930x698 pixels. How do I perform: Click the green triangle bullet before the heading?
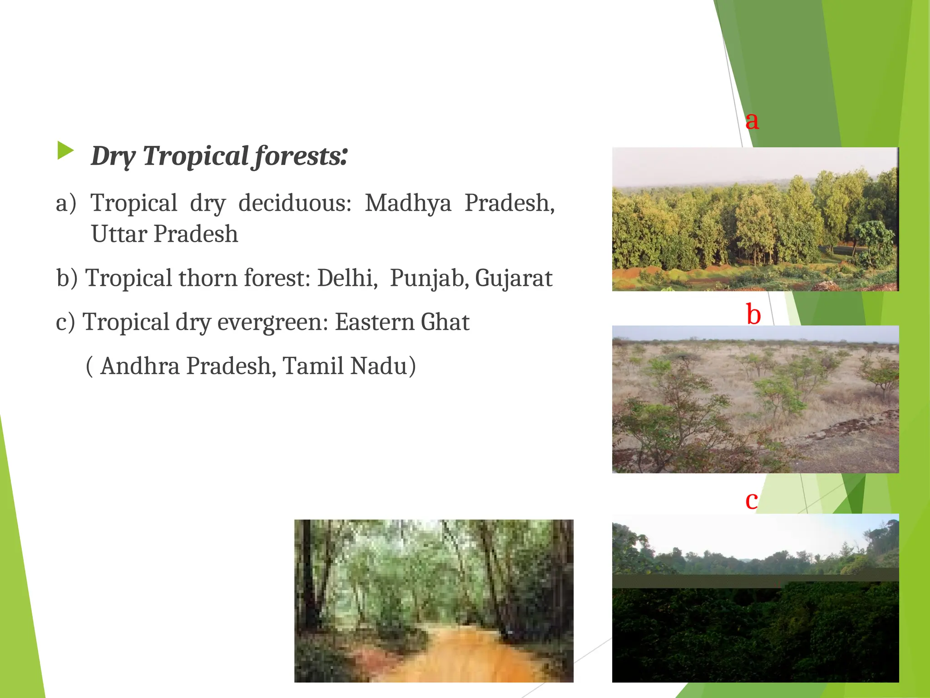click(x=65, y=150)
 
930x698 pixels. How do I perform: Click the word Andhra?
click(x=140, y=366)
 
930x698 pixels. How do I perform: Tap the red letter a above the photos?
click(x=752, y=120)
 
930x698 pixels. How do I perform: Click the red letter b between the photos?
click(x=753, y=314)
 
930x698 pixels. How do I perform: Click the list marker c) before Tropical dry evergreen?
click(x=65, y=322)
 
